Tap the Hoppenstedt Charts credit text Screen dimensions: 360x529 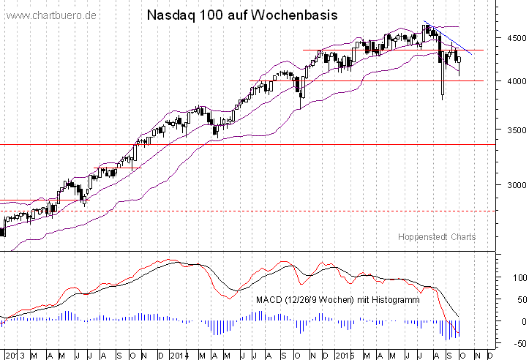437,237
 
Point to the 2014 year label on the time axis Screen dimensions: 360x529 179,355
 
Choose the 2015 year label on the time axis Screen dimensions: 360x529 344,355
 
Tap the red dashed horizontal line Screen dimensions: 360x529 220,211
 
